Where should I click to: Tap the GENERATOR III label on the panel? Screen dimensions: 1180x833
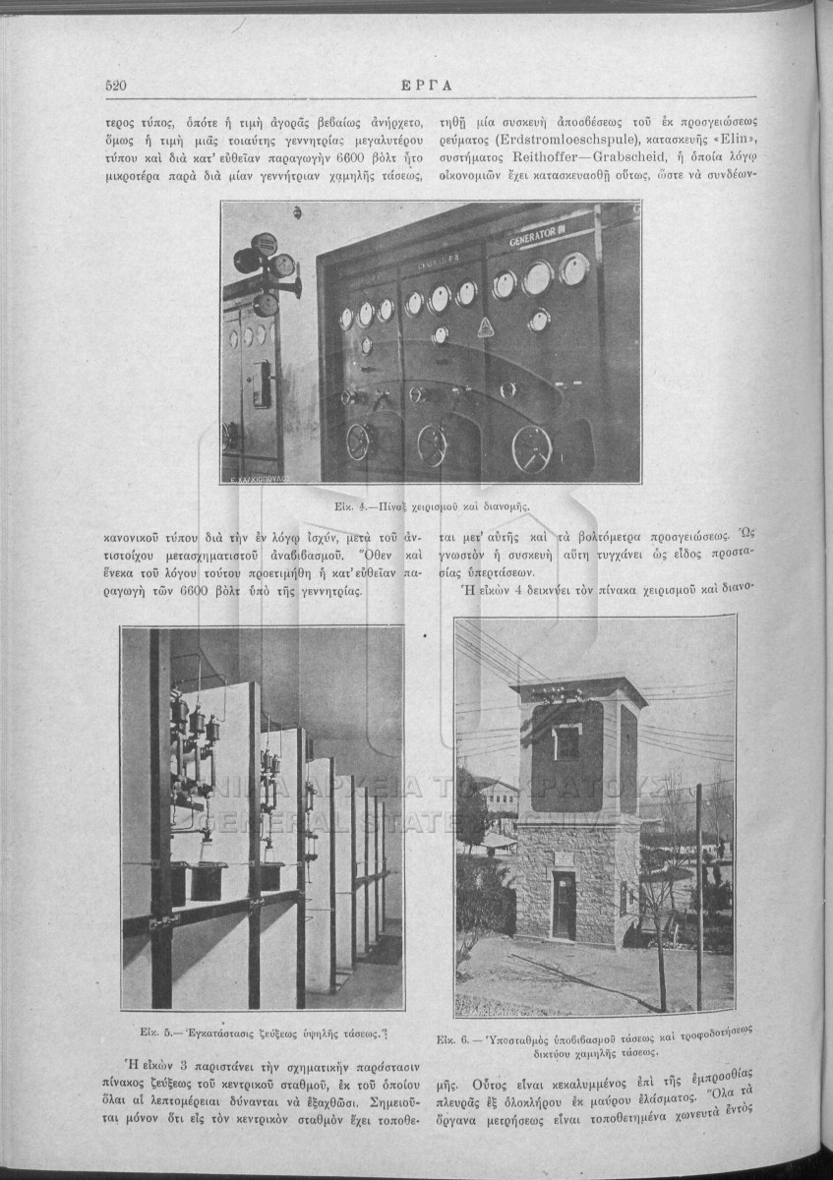tap(539, 238)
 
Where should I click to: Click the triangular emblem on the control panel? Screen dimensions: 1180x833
tap(485, 327)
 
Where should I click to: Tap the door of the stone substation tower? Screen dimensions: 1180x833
tap(564, 905)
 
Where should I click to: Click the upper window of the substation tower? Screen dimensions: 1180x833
tap(567, 742)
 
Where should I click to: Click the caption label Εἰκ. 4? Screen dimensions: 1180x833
tap(349, 506)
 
